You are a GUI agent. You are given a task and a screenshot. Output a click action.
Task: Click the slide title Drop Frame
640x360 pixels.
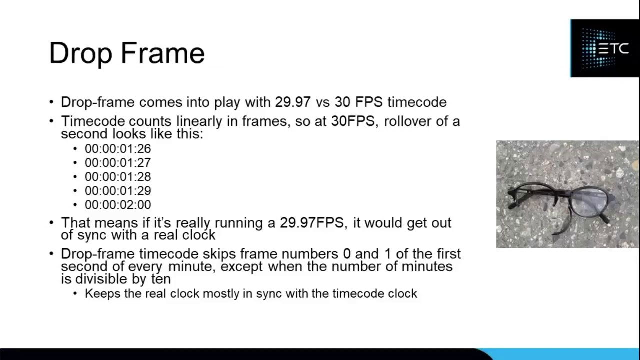(127, 53)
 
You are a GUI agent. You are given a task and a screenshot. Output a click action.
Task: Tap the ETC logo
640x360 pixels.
(604, 48)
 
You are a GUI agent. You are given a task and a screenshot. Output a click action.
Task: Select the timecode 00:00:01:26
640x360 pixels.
(117, 149)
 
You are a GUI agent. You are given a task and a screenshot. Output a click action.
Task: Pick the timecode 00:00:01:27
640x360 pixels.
(117, 163)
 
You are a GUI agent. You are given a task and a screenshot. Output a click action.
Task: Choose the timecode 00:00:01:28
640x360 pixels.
(117, 177)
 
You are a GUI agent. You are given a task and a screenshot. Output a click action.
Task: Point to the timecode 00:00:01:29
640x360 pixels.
(117, 191)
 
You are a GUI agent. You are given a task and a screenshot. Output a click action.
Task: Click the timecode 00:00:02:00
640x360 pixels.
(117, 205)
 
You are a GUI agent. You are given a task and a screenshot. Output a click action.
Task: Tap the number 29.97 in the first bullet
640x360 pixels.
(293, 102)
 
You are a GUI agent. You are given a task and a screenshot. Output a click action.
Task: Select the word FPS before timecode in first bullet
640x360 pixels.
(369, 102)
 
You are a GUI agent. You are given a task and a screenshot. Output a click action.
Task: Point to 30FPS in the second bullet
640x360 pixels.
(353, 121)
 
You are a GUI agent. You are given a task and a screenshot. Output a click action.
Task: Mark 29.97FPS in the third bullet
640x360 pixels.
(312, 223)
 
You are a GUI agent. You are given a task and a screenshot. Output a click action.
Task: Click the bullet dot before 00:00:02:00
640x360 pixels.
(75, 205)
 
